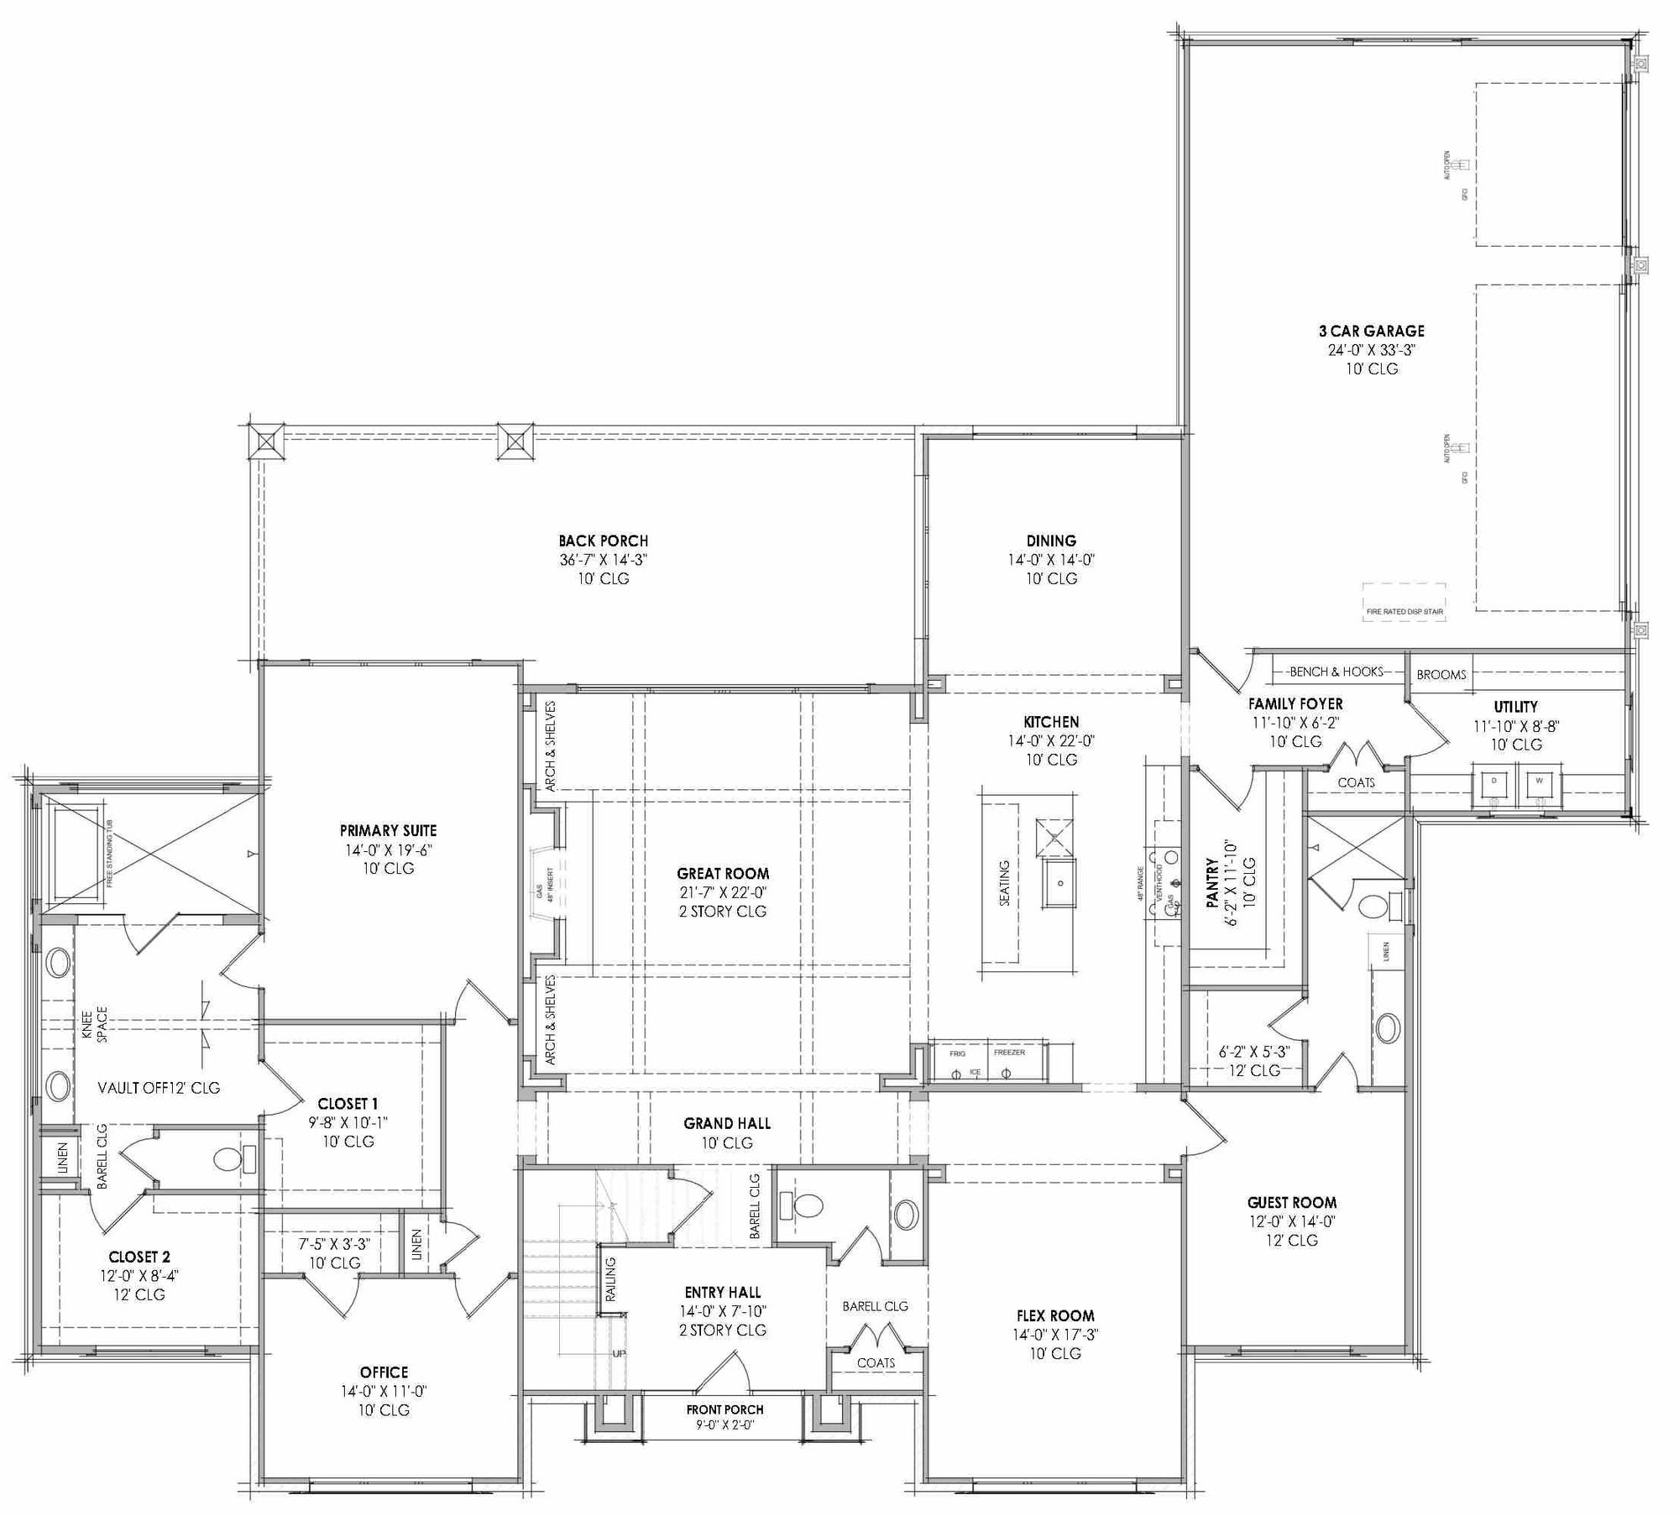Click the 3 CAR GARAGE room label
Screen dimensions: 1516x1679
1372,331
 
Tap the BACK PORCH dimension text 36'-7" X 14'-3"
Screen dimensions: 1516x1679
603,560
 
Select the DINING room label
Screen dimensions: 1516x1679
1050,541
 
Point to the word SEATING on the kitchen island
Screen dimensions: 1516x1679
1004,883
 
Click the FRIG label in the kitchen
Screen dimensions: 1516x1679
957,1053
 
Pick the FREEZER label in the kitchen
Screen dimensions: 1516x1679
1009,1052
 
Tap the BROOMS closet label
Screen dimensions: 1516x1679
1441,674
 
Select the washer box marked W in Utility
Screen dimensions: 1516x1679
1539,781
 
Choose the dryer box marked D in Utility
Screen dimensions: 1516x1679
1493,781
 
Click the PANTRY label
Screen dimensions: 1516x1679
1212,883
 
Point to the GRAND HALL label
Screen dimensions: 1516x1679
726,1123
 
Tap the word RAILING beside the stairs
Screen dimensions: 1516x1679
610,1279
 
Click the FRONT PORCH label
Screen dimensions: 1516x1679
724,1409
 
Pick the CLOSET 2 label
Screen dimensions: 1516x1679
139,1257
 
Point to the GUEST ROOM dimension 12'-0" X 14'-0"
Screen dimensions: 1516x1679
1291,1221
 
